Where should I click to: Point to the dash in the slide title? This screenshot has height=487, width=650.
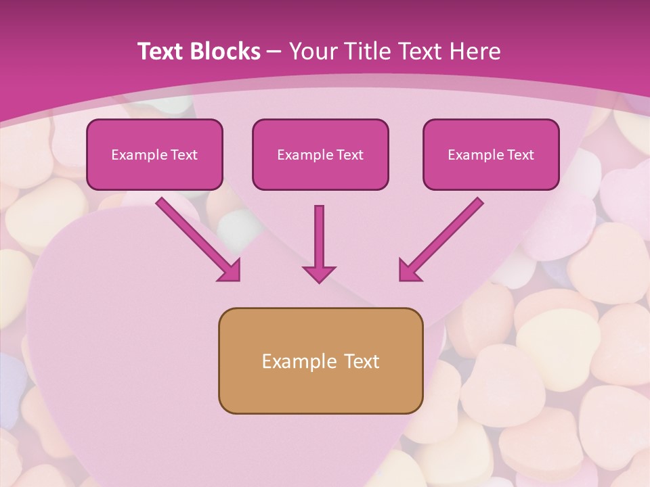pos(274,52)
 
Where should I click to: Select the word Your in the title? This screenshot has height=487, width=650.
pos(312,51)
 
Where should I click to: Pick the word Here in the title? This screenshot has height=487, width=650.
pos(473,51)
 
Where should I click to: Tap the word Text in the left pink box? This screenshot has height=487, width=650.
pos(183,155)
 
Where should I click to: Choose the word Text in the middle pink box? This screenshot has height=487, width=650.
pos(349,155)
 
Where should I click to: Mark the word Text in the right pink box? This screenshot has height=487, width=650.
pos(520,155)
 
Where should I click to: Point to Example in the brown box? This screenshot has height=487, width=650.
pos(298,361)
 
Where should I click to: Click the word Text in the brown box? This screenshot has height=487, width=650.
pos(362,361)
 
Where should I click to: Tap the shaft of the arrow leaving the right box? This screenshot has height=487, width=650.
pos(450,231)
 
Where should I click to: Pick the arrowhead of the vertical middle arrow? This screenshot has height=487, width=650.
pos(319,273)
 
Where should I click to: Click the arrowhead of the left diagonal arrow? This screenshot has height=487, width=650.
pos(230,270)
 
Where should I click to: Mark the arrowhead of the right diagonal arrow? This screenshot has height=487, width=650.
pos(410,270)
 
